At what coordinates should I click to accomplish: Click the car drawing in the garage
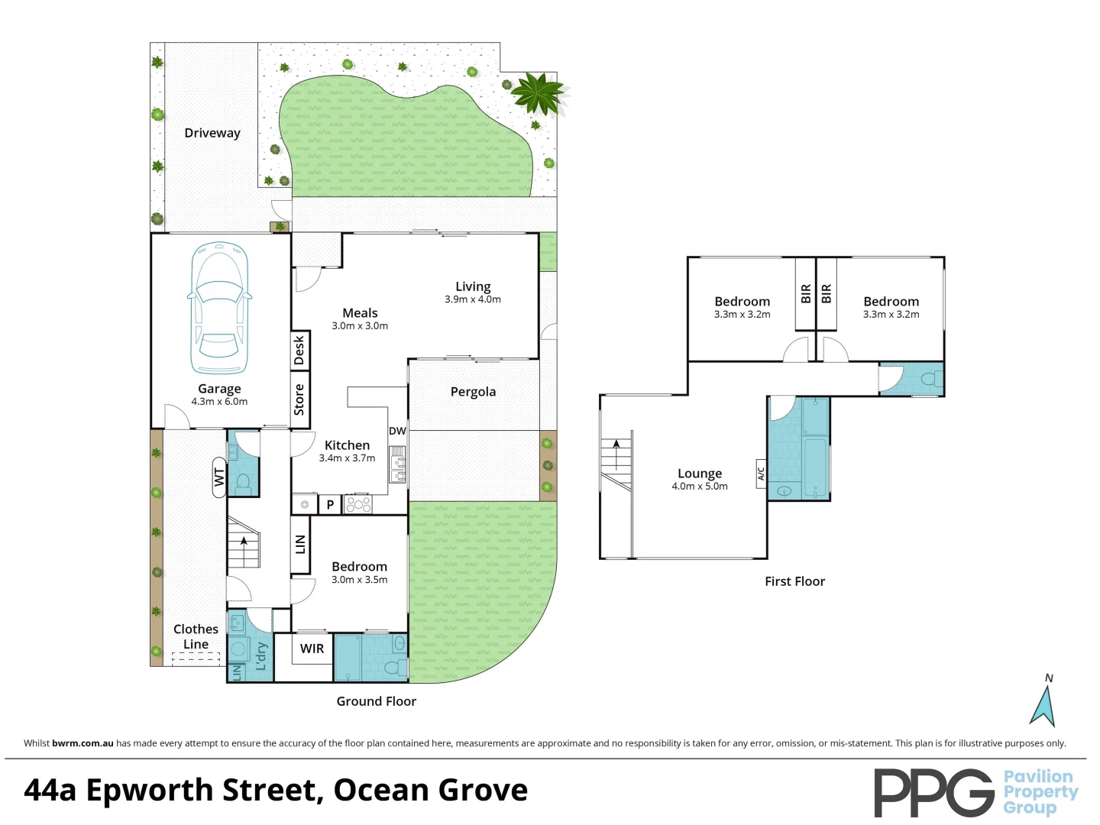pyautogui.click(x=219, y=309)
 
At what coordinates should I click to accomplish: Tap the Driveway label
pyautogui.click(x=212, y=133)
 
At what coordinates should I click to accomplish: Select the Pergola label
pyautogui.click(x=473, y=392)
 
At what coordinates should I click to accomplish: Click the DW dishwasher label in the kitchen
pyautogui.click(x=397, y=431)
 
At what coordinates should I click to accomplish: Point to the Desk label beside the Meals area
pyautogui.click(x=299, y=350)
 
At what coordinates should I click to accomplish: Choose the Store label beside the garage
pyautogui.click(x=299, y=400)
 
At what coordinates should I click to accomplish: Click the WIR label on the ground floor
pyautogui.click(x=312, y=649)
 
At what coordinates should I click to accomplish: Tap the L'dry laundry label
pyautogui.click(x=261, y=656)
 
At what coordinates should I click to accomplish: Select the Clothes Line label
pyautogui.click(x=196, y=636)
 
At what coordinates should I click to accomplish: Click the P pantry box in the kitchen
pyautogui.click(x=330, y=505)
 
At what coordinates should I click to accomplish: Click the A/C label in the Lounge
pyautogui.click(x=761, y=474)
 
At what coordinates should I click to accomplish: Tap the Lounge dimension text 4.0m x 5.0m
pyautogui.click(x=700, y=487)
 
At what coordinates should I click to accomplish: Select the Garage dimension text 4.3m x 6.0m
pyautogui.click(x=219, y=402)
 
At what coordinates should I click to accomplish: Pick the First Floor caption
pyautogui.click(x=794, y=581)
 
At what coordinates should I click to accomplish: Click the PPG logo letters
pyautogui.click(x=933, y=792)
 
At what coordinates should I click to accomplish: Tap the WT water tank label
pyautogui.click(x=219, y=477)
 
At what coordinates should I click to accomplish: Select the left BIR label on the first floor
pyautogui.click(x=806, y=294)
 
